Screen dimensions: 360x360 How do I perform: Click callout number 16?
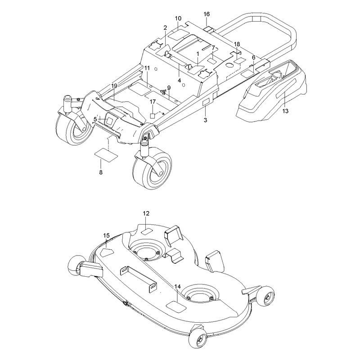point(207,14)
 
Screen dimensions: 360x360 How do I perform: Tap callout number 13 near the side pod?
point(285,111)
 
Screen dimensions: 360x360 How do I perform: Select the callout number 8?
point(101,172)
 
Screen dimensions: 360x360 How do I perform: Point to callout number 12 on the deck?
point(146,213)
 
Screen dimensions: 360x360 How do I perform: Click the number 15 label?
point(106,235)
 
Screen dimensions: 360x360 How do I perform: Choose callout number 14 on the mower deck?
point(177,287)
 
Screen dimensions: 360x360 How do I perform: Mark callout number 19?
point(114,86)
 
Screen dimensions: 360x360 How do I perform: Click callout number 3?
point(205,120)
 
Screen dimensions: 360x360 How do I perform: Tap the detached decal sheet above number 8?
point(106,156)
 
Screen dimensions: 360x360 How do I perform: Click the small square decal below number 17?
point(153,116)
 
